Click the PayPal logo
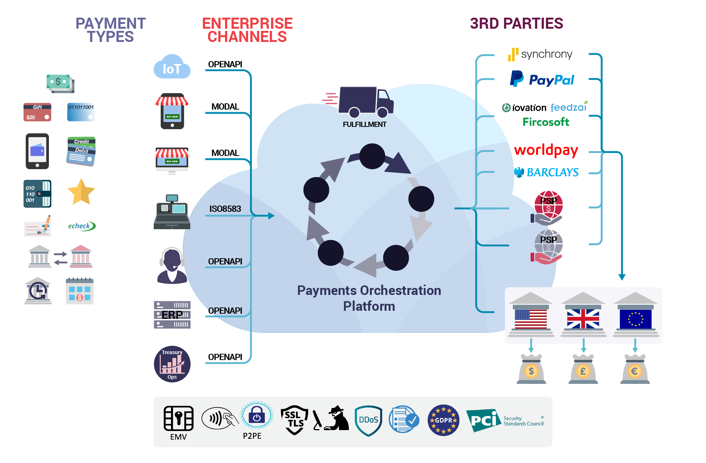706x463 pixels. (542, 79)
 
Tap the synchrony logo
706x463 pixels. (540, 54)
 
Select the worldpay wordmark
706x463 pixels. (546, 150)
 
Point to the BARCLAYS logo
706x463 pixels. (546, 172)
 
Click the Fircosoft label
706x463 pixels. (546, 122)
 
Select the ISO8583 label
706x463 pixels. (225, 209)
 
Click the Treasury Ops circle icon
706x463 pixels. (172, 364)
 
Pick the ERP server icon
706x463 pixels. (172, 315)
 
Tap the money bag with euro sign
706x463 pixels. (635, 369)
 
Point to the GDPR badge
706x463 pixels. (443, 420)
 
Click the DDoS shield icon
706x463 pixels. (368, 420)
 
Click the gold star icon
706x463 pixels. (81, 192)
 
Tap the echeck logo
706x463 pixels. (82, 226)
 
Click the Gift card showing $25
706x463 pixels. (38, 112)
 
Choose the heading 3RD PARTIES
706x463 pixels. (516, 24)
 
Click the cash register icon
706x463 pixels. (172, 212)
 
